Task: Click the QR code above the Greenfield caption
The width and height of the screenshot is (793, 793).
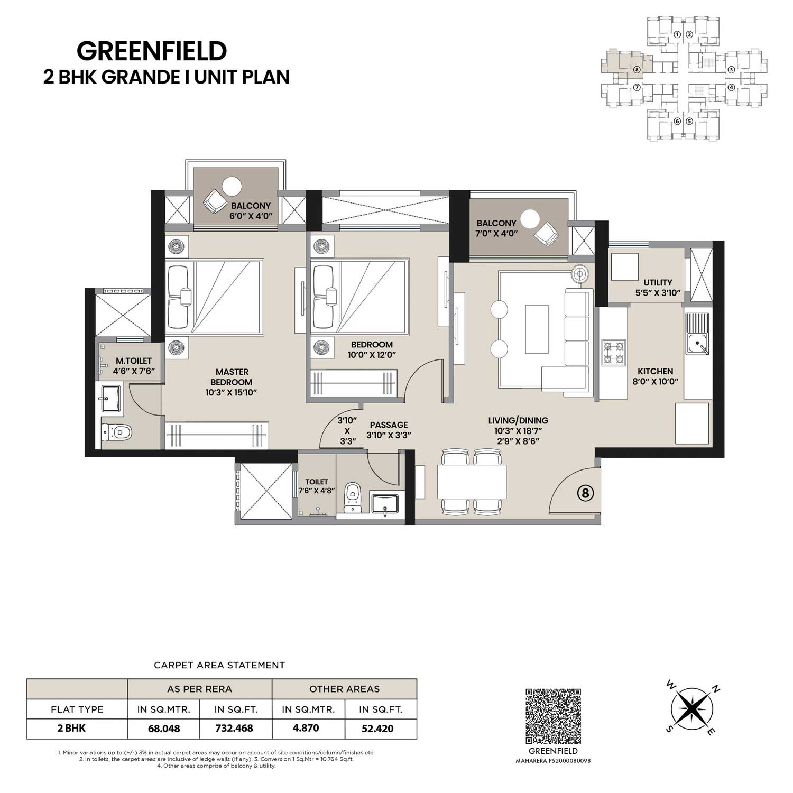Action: pyautogui.click(x=554, y=716)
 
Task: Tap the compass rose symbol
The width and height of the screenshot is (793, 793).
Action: pyautogui.click(x=690, y=708)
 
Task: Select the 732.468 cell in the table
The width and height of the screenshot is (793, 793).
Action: pyautogui.click(x=234, y=728)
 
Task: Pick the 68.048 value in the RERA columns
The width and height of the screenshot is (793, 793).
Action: pyautogui.click(x=164, y=728)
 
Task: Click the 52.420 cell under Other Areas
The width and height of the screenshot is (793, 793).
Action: pyautogui.click(x=377, y=728)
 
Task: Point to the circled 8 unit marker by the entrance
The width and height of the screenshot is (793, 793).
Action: pyautogui.click(x=585, y=493)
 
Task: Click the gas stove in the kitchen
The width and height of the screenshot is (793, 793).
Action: pyautogui.click(x=613, y=353)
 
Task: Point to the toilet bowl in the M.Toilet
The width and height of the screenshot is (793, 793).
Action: pyautogui.click(x=116, y=432)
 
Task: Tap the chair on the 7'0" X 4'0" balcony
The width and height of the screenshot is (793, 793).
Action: pyautogui.click(x=546, y=233)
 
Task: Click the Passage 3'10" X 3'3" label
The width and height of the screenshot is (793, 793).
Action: pyautogui.click(x=389, y=430)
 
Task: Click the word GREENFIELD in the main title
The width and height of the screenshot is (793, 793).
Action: pyautogui.click(x=152, y=51)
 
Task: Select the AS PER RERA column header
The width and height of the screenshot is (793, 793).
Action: pyautogui.click(x=200, y=689)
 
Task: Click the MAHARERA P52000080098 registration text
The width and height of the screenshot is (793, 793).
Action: pyautogui.click(x=554, y=761)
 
